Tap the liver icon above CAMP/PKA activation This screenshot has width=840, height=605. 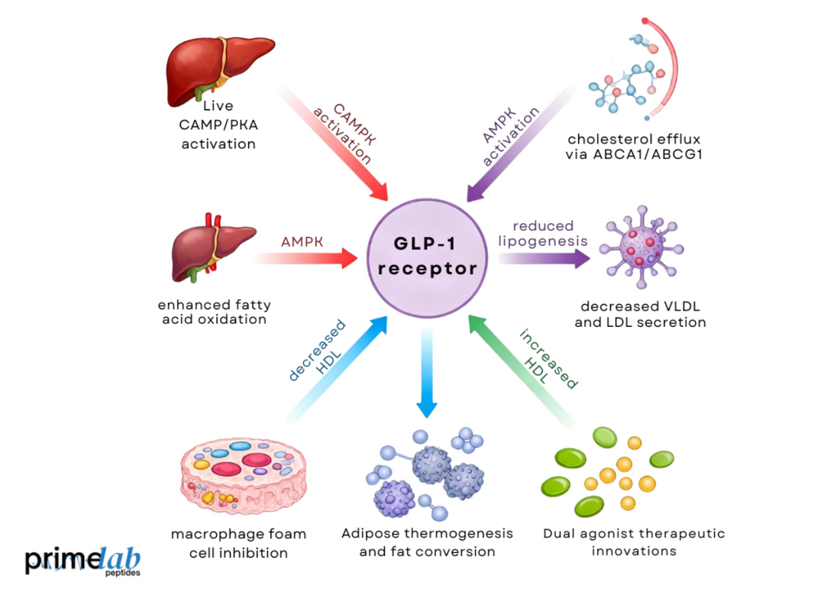(x=219, y=69)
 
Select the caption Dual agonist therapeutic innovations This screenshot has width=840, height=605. (x=634, y=542)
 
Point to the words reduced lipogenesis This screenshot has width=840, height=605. (x=542, y=233)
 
